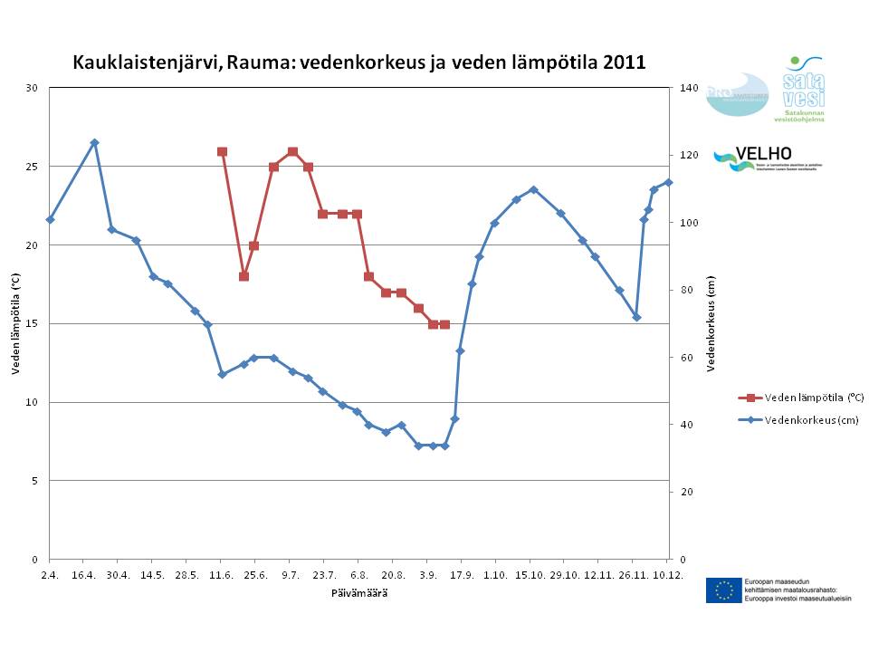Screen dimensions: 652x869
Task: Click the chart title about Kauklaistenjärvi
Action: pyautogui.click(x=358, y=63)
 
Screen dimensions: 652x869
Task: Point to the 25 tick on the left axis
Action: pyautogui.click(x=33, y=167)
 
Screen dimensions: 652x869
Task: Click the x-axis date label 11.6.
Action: pyautogui.click(x=222, y=575)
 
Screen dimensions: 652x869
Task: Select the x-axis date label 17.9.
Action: pyautogui.click(x=462, y=575)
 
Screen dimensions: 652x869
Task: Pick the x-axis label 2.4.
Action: pyautogui.click(x=50, y=575)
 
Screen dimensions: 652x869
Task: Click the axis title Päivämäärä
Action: pyautogui.click(x=358, y=592)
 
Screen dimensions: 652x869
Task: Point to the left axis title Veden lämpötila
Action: pyautogui.click(x=15, y=323)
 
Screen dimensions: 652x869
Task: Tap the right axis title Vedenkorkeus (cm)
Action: pyautogui.click(x=711, y=323)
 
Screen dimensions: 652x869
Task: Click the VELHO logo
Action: pyautogui.click(x=765, y=159)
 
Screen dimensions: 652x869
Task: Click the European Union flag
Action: pyautogui.click(x=723, y=590)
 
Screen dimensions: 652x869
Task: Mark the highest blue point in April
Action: pyautogui.click(x=94, y=142)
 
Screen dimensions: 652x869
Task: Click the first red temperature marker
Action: pyautogui.click(x=222, y=151)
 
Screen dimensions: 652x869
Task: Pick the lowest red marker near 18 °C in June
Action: pyautogui.click(x=244, y=276)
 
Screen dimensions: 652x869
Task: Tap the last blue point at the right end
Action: pyautogui.click(x=668, y=182)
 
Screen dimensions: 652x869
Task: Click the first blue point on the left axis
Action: pyautogui.click(x=50, y=219)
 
